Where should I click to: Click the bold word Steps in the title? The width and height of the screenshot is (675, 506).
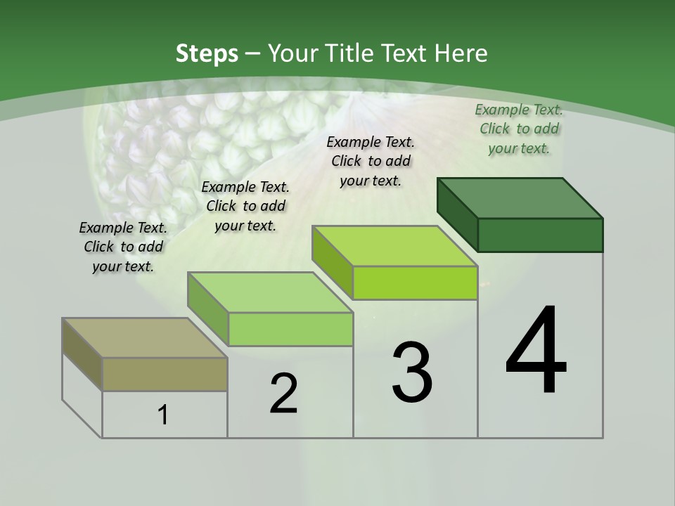point(207,53)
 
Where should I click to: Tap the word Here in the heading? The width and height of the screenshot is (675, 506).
point(461,53)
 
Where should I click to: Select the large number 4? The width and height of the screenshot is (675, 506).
point(536,351)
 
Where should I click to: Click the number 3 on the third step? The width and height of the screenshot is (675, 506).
point(412,372)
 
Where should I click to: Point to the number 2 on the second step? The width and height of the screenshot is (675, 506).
point(283,394)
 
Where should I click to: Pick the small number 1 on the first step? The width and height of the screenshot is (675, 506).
point(163,415)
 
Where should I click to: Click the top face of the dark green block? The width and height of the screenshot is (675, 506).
point(520,197)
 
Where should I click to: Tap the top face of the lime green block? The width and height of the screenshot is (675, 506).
point(394,246)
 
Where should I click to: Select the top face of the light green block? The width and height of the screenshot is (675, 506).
point(270,292)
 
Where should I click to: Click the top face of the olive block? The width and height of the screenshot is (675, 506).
point(145,338)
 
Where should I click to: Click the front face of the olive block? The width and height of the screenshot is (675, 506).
point(165,374)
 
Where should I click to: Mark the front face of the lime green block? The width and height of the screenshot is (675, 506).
point(415,283)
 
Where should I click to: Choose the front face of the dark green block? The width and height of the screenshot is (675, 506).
point(540,235)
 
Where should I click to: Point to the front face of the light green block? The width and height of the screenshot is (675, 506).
point(290,329)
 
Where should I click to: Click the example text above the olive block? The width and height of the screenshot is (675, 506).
point(123,247)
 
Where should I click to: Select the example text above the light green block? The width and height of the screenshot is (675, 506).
point(245,206)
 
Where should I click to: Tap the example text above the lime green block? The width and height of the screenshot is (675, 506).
point(371,161)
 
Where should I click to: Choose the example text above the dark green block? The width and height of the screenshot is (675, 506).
point(519,129)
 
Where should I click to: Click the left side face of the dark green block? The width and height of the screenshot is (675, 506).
point(457,214)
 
